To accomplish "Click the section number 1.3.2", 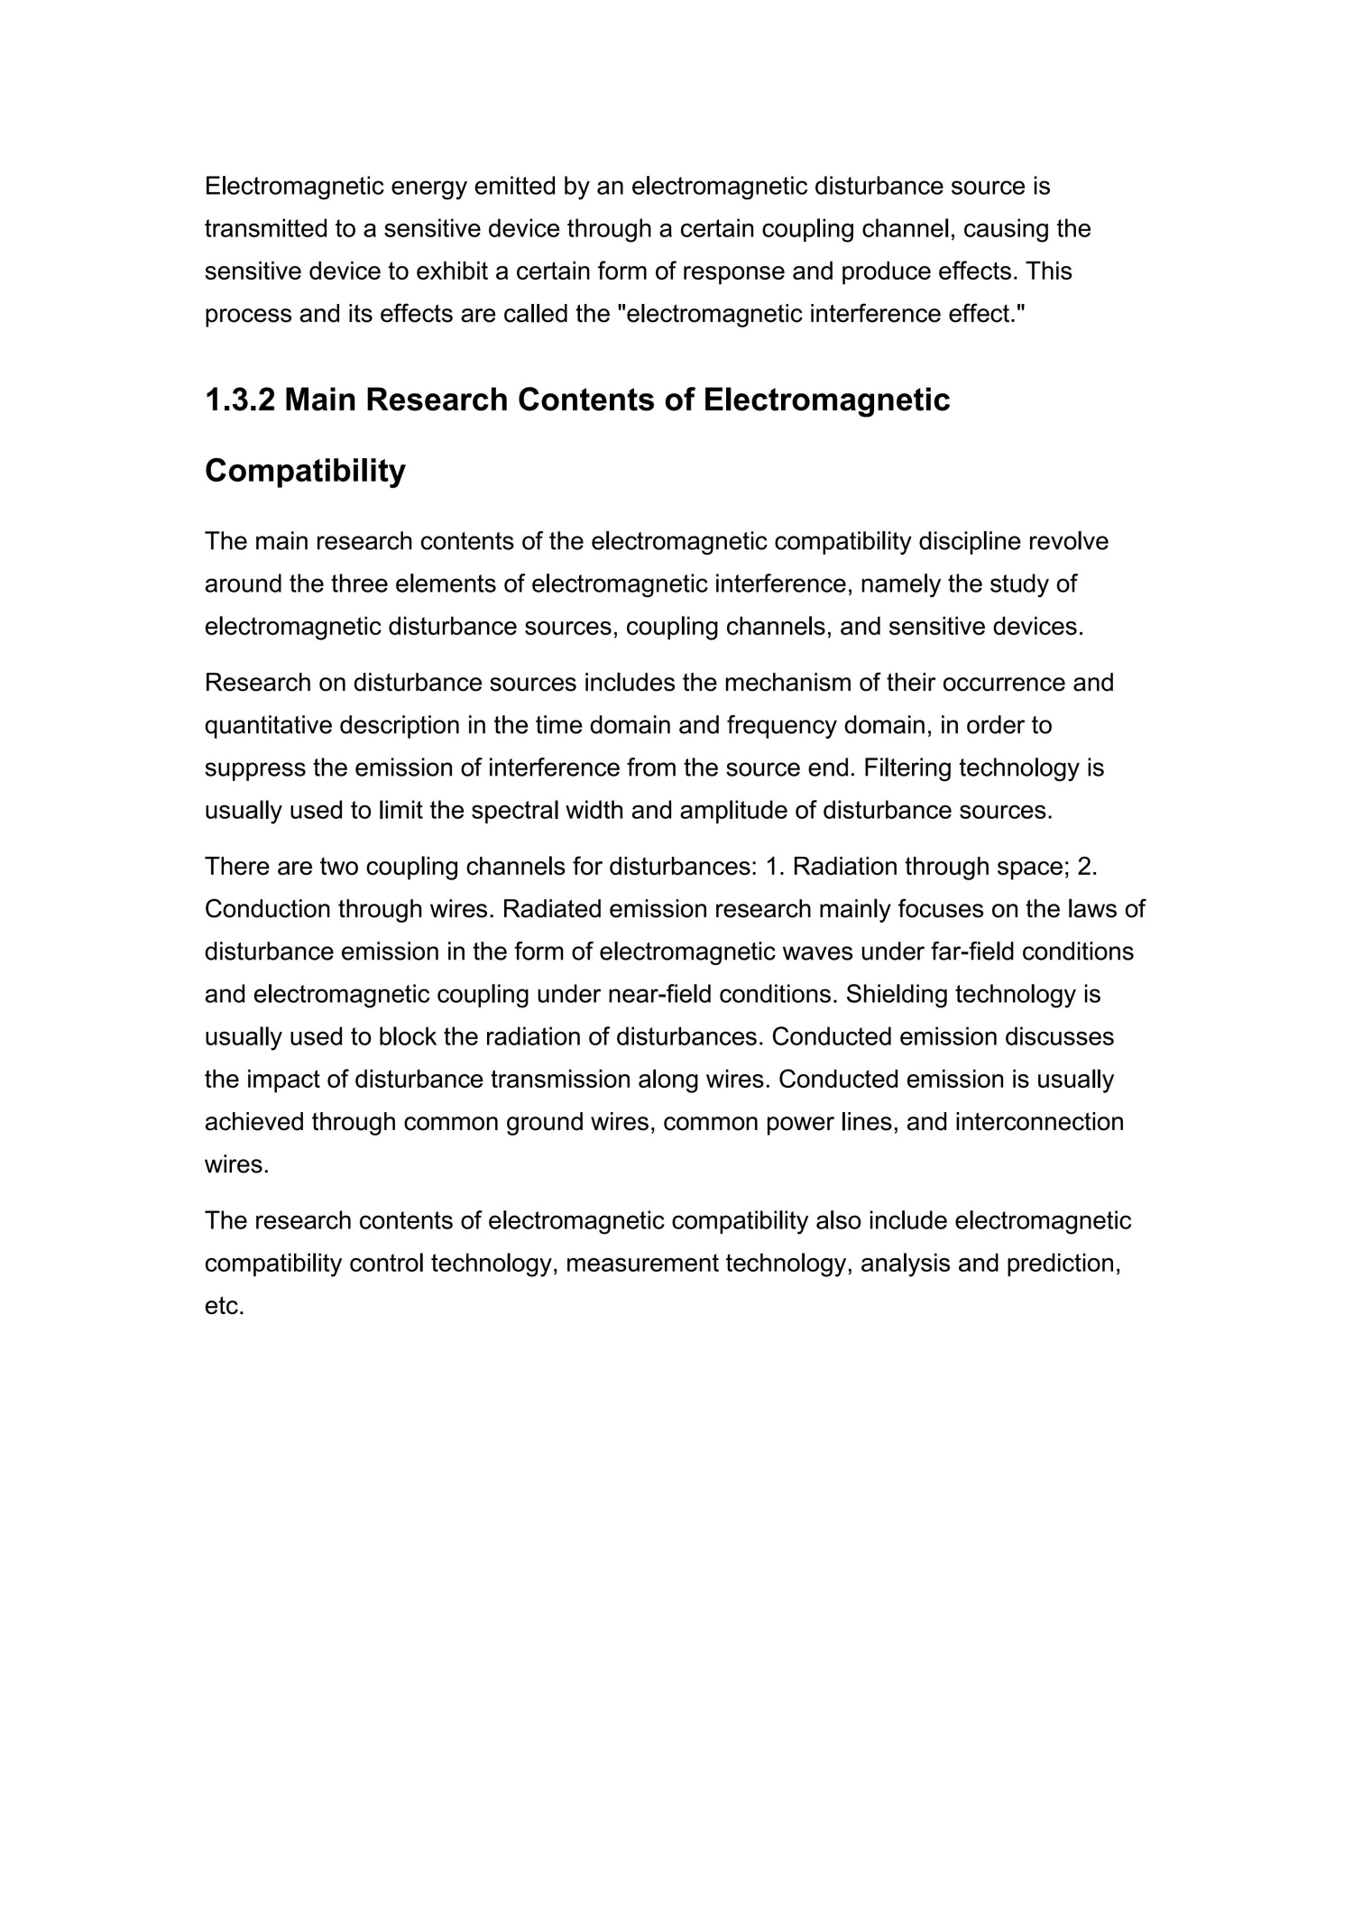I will [239, 400].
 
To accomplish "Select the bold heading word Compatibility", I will [305, 471].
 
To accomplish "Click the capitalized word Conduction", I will [267, 908].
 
